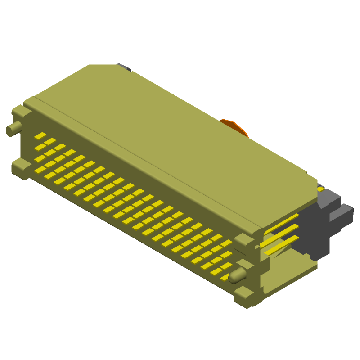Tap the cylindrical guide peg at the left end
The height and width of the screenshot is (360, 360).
point(13,129)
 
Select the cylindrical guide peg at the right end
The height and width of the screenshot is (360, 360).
point(237,275)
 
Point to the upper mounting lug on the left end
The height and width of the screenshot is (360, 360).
point(20,111)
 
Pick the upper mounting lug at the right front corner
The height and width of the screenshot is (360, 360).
point(243,239)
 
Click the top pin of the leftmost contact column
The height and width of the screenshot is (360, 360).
point(40,136)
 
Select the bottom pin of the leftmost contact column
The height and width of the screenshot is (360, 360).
point(40,170)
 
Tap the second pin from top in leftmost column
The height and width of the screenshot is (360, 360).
point(40,147)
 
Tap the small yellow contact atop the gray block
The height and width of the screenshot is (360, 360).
point(320,189)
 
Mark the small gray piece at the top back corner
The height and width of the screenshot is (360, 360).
point(125,67)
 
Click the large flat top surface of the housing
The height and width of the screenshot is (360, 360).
point(171,135)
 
